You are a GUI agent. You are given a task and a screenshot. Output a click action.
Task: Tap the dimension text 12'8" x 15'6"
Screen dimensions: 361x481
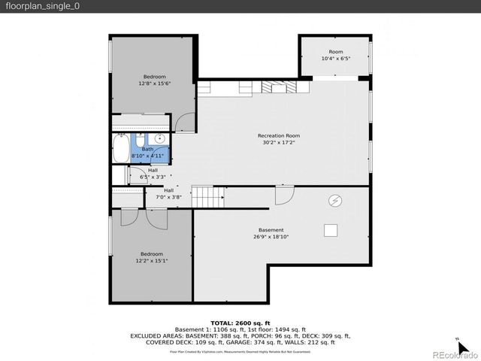[154, 83]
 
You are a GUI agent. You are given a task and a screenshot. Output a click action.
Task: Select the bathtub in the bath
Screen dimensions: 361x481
[121, 148]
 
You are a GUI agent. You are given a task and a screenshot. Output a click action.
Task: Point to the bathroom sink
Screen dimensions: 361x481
[160, 138]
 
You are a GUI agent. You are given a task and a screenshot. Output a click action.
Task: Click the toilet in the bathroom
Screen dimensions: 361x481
[140, 139]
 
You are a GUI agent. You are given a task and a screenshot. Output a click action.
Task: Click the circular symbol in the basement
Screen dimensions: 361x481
[335, 200]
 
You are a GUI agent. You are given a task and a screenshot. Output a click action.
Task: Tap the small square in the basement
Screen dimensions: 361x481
[330, 230]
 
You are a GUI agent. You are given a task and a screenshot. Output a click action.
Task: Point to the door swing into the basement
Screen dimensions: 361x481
[283, 196]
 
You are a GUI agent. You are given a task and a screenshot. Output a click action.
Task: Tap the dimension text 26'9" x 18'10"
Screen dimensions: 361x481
[271, 237]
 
